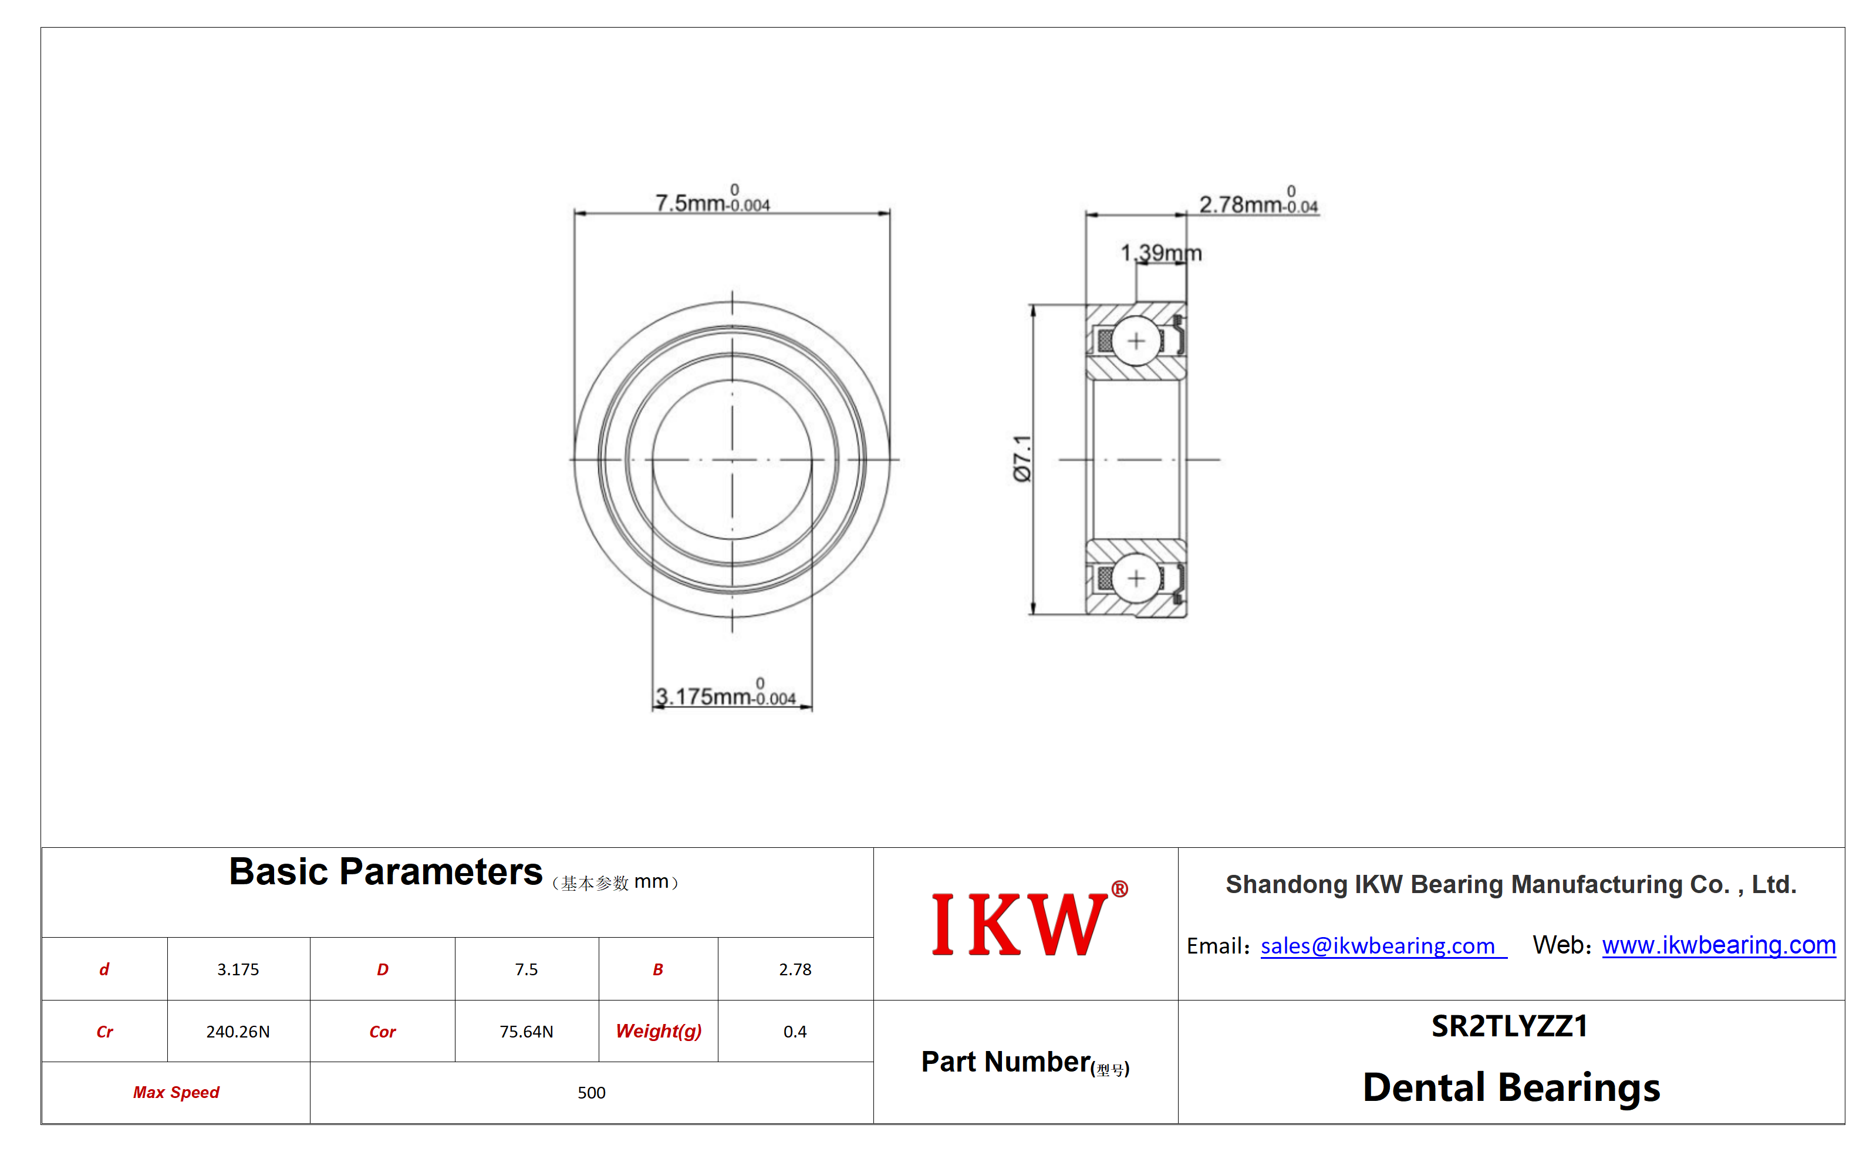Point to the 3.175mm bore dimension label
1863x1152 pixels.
coord(725,693)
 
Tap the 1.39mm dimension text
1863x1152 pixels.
coord(1161,252)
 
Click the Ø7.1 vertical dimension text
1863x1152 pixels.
coord(1022,459)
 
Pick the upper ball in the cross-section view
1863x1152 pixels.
coord(1136,341)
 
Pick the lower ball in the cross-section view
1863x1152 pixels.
coord(1136,578)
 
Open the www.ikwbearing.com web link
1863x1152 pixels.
coord(1718,945)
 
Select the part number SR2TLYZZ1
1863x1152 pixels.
coord(1510,1026)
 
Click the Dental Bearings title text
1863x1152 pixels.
coord(1511,1087)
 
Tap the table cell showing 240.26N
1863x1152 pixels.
coord(238,1032)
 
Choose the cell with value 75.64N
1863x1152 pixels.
coord(526,1032)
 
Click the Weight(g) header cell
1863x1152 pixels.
coord(658,1032)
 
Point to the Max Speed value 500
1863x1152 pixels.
coord(591,1093)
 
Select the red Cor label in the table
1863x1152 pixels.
coord(382,1032)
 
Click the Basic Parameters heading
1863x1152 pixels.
coord(386,871)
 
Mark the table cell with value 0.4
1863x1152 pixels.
coord(794,1032)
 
